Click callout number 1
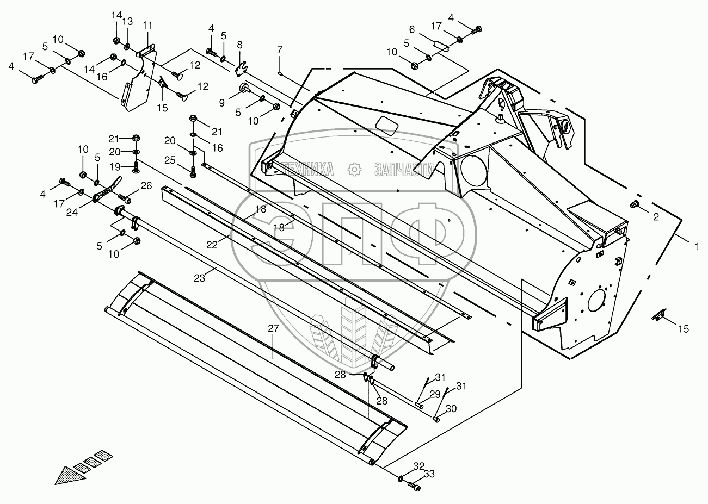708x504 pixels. point(695,247)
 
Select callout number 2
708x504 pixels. point(656,216)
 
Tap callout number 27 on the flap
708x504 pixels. point(273,331)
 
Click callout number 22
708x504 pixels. point(212,245)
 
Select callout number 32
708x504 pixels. point(418,466)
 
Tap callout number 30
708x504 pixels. point(451,409)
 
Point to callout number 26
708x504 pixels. point(145,186)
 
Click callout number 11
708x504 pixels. point(148,25)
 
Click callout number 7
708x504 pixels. point(280,49)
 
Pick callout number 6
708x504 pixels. point(411,30)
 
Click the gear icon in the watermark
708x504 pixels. point(354,169)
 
